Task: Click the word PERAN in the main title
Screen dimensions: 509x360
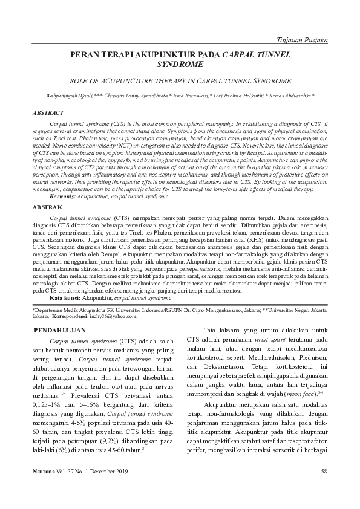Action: click(x=86, y=55)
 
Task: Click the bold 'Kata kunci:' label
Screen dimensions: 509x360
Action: click(x=65, y=299)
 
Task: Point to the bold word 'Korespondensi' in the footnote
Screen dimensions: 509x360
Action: click(x=74, y=316)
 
